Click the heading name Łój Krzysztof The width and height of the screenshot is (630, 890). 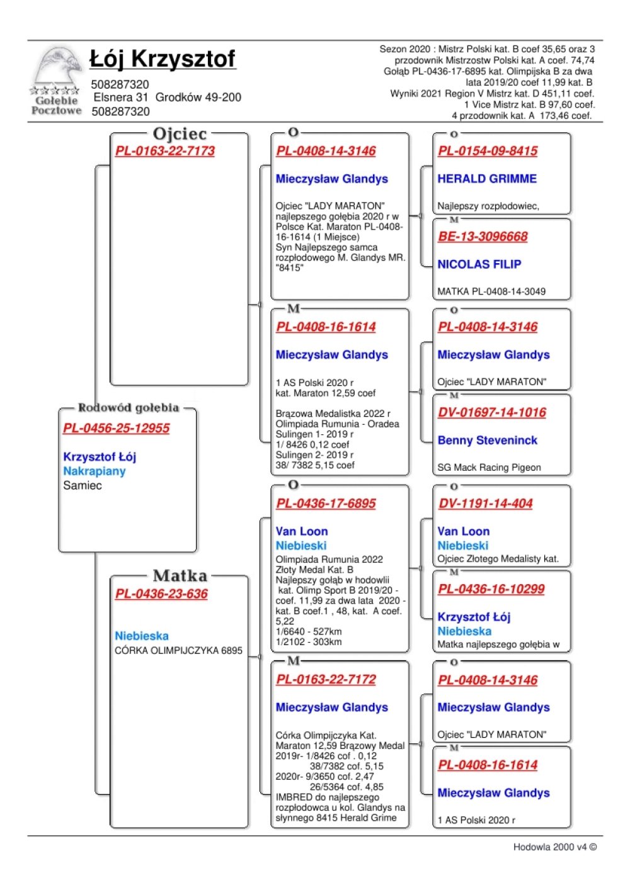(163, 59)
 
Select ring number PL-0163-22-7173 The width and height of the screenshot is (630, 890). (165, 151)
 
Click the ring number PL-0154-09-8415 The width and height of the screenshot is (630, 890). (488, 151)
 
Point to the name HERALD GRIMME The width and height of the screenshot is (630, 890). (487, 179)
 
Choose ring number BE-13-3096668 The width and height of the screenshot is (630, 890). (483, 237)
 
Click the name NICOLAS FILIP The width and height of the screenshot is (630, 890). (479, 264)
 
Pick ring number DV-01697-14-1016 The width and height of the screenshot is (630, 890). (492, 413)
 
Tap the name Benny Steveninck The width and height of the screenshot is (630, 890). (488, 441)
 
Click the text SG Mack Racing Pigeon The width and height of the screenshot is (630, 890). (489, 468)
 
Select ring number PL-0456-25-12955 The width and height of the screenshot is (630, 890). (117, 429)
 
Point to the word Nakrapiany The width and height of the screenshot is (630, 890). (94, 471)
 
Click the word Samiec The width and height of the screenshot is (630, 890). (83, 486)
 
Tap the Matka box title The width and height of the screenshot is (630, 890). (180, 576)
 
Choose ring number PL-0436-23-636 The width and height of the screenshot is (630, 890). (161, 594)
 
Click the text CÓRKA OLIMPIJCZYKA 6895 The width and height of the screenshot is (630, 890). (178, 651)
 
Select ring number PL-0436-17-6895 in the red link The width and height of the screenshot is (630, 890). (326, 504)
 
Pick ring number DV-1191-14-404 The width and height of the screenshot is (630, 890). (486, 504)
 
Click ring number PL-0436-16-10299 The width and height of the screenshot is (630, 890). (491, 590)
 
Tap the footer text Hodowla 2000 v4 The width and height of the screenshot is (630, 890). (554, 847)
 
